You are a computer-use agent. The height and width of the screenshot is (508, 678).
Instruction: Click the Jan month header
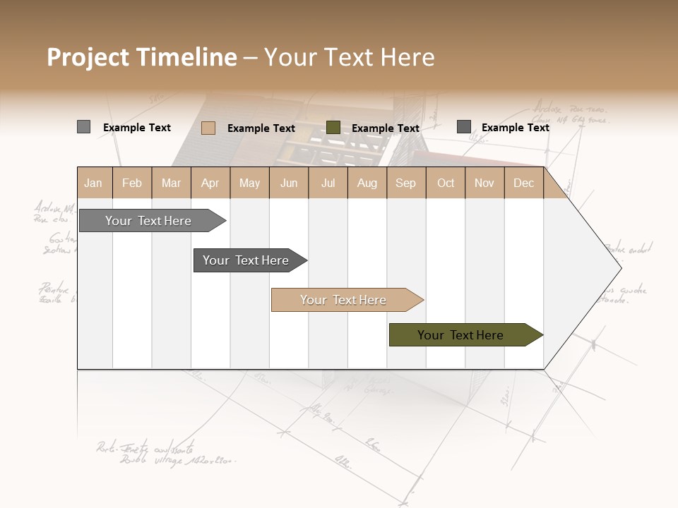click(x=93, y=183)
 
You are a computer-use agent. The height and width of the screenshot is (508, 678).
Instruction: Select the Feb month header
click(x=132, y=183)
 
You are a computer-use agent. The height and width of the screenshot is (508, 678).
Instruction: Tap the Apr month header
click(x=210, y=183)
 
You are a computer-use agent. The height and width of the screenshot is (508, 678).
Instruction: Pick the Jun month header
click(x=289, y=183)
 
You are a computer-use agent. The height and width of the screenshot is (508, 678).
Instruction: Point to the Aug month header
click(x=367, y=183)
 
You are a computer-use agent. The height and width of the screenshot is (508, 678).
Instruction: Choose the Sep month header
click(x=405, y=183)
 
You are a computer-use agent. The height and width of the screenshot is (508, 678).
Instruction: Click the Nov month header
click(x=484, y=183)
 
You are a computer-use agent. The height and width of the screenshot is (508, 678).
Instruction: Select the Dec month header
click(x=523, y=183)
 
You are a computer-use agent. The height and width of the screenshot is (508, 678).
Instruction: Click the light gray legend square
click(x=83, y=127)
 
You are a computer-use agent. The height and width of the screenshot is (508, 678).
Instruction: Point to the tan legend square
click(x=208, y=128)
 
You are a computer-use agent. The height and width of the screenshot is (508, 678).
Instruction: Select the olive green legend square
click(x=333, y=128)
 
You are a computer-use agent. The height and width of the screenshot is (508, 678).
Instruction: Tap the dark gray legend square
click(x=464, y=127)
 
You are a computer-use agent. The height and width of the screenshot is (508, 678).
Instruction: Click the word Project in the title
click(x=88, y=57)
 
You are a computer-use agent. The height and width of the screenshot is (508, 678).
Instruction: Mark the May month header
click(x=249, y=183)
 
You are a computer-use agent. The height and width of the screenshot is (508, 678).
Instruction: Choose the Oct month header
click(x=446, y=183)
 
